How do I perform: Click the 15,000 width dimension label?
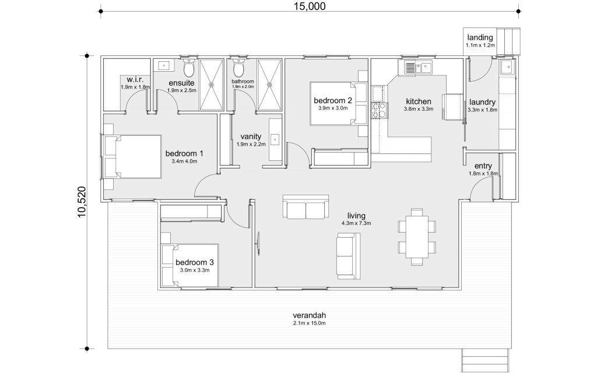click(x=310, y=6)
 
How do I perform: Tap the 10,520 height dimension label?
click(x=82, y=202)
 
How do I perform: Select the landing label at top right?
click(x=480, y=37)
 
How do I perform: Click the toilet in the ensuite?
click(x=189, y=68)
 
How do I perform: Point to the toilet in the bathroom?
click(x=238, y=68)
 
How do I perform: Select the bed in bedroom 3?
click(x=189, y=265)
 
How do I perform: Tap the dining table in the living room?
click(x=417, y=237)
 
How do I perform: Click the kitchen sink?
click(x=418, y=68)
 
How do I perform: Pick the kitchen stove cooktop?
click(x=379, y=110)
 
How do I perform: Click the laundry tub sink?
click(x=507, y=68)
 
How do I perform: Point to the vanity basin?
click(x=275, y=140)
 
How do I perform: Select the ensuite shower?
click(x=212, y=85)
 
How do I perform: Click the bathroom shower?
click(x=269, y=85)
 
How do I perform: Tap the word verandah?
click(x=309, y=315)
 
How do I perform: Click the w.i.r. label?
click(x=135, y=79)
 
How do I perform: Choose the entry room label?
click(x=483, y=166)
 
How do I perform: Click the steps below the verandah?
click(x=486, y=361)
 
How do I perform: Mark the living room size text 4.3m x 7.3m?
click(x=356, y=223)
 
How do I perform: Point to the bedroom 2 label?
click(x=333, y=101)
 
